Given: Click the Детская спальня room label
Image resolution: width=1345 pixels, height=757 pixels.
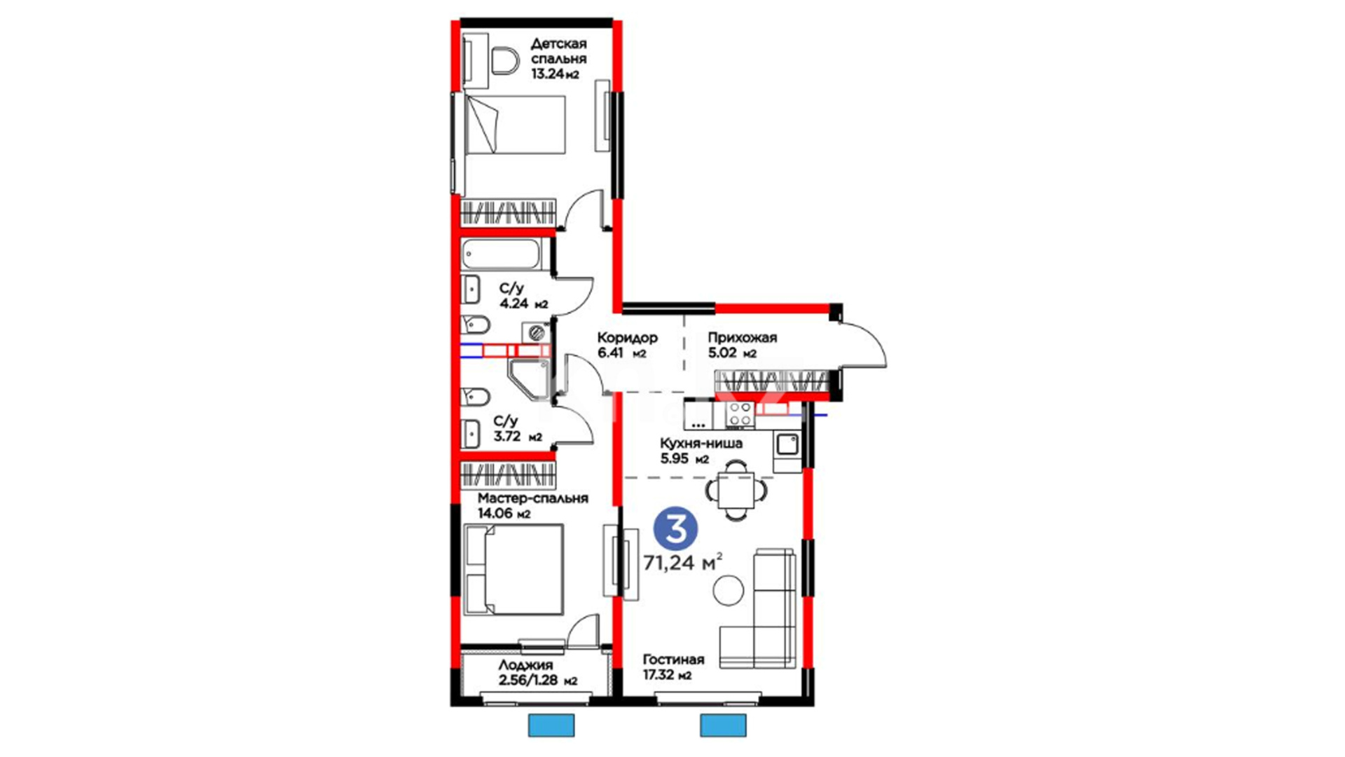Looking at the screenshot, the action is pyautogui.click(x=558, y=51).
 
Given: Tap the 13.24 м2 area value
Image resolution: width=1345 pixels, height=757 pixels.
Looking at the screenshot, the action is pyautogui.click(x=555, y=74).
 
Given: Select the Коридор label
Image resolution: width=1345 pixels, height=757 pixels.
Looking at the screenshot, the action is pyautogui.click(x=627, y=338).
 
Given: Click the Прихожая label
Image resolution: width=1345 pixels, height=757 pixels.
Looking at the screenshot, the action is pyautogui.click(x=742, y=338).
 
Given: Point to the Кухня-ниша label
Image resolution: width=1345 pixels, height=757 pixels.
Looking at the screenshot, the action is pyautogui.click(x=701, y=444).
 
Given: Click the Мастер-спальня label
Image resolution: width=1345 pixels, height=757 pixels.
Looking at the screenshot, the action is pyautogui.click(x=533, y=498).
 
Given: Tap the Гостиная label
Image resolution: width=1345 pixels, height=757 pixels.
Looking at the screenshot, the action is pyautogui.click(x=674, y=660).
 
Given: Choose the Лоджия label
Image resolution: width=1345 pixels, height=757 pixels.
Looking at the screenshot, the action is pyautogui.click(x=525, y=665).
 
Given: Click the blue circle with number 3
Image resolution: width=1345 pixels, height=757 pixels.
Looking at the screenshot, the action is pyautogui.click(x=676, y=530).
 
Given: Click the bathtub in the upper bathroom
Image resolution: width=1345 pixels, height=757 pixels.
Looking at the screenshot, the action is pyautogui.click(x=501, y=254).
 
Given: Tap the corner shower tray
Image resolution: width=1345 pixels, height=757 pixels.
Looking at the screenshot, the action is pyautogui.click(x=527, y=380).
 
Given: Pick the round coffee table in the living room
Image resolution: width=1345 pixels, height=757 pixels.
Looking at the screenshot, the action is pyautogui.click(x=729, y=590).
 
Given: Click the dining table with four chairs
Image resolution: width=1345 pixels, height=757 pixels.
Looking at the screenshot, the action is pyautogui.click(x=736, y=489).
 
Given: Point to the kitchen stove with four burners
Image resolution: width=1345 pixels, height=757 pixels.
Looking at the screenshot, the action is pyautogui.click(x=740, y=414).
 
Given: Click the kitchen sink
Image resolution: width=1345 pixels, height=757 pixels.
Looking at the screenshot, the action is pyautogui.click(x=787, y=444).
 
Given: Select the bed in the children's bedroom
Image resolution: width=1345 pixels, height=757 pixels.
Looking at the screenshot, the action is pyautogui.click(x=515, y=124).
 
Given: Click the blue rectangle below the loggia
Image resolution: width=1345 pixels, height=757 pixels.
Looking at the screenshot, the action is pyautogui.click(x=551, y=725).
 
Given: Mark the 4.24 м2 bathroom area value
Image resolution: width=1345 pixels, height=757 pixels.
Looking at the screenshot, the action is pyautogui.click(x=524, y=304).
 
